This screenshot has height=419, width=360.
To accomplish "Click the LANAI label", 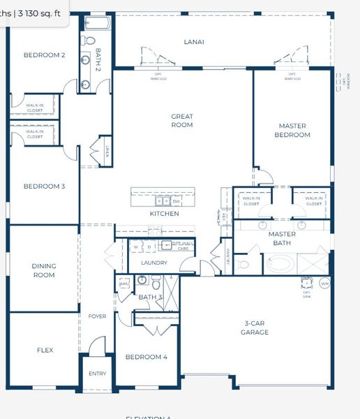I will pos(194,42).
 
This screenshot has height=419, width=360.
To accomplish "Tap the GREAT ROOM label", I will pos(182,121).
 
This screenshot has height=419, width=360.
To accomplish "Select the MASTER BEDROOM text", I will pos(292,131).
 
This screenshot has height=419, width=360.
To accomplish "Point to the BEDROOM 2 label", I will pos(44,55).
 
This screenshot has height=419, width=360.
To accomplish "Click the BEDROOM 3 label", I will pos(44,186).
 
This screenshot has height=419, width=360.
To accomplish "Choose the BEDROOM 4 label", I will pos(146,357).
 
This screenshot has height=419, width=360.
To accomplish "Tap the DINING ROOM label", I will pos(44,270).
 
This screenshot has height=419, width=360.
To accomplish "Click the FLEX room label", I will pos(44,350).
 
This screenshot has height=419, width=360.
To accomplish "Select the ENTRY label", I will pos(97,374).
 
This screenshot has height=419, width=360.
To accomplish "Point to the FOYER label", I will pos(97,316).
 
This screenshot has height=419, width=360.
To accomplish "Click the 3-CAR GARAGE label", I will pos(256,328).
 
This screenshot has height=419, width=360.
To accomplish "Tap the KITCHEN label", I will pos(164,214).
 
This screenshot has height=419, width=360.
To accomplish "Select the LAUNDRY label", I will pos(153,263).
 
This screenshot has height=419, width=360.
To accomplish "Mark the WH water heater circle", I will pos(324,284).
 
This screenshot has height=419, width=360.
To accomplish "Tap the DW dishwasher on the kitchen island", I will pos(176,201).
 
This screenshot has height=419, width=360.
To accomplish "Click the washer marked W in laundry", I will pos(135,247).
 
